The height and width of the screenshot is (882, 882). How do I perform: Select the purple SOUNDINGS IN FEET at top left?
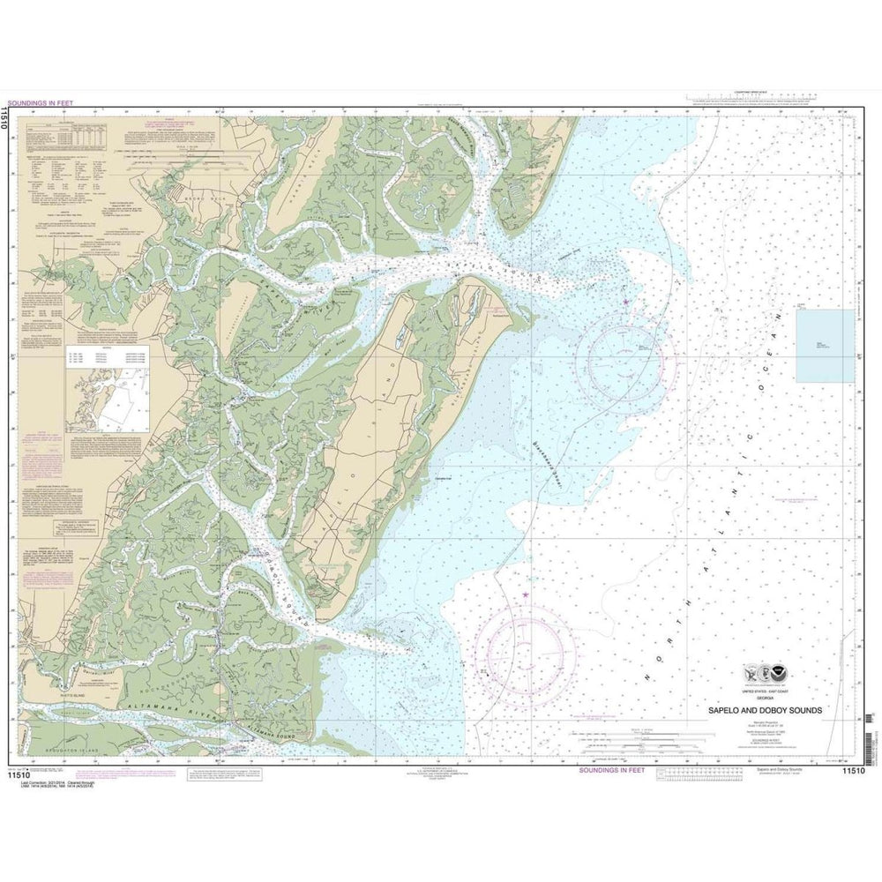click(x=40, y=102)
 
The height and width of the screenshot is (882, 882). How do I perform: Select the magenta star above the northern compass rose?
click(x=626, y=302)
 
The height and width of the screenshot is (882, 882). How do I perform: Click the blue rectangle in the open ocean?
click(x=825, y=345)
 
